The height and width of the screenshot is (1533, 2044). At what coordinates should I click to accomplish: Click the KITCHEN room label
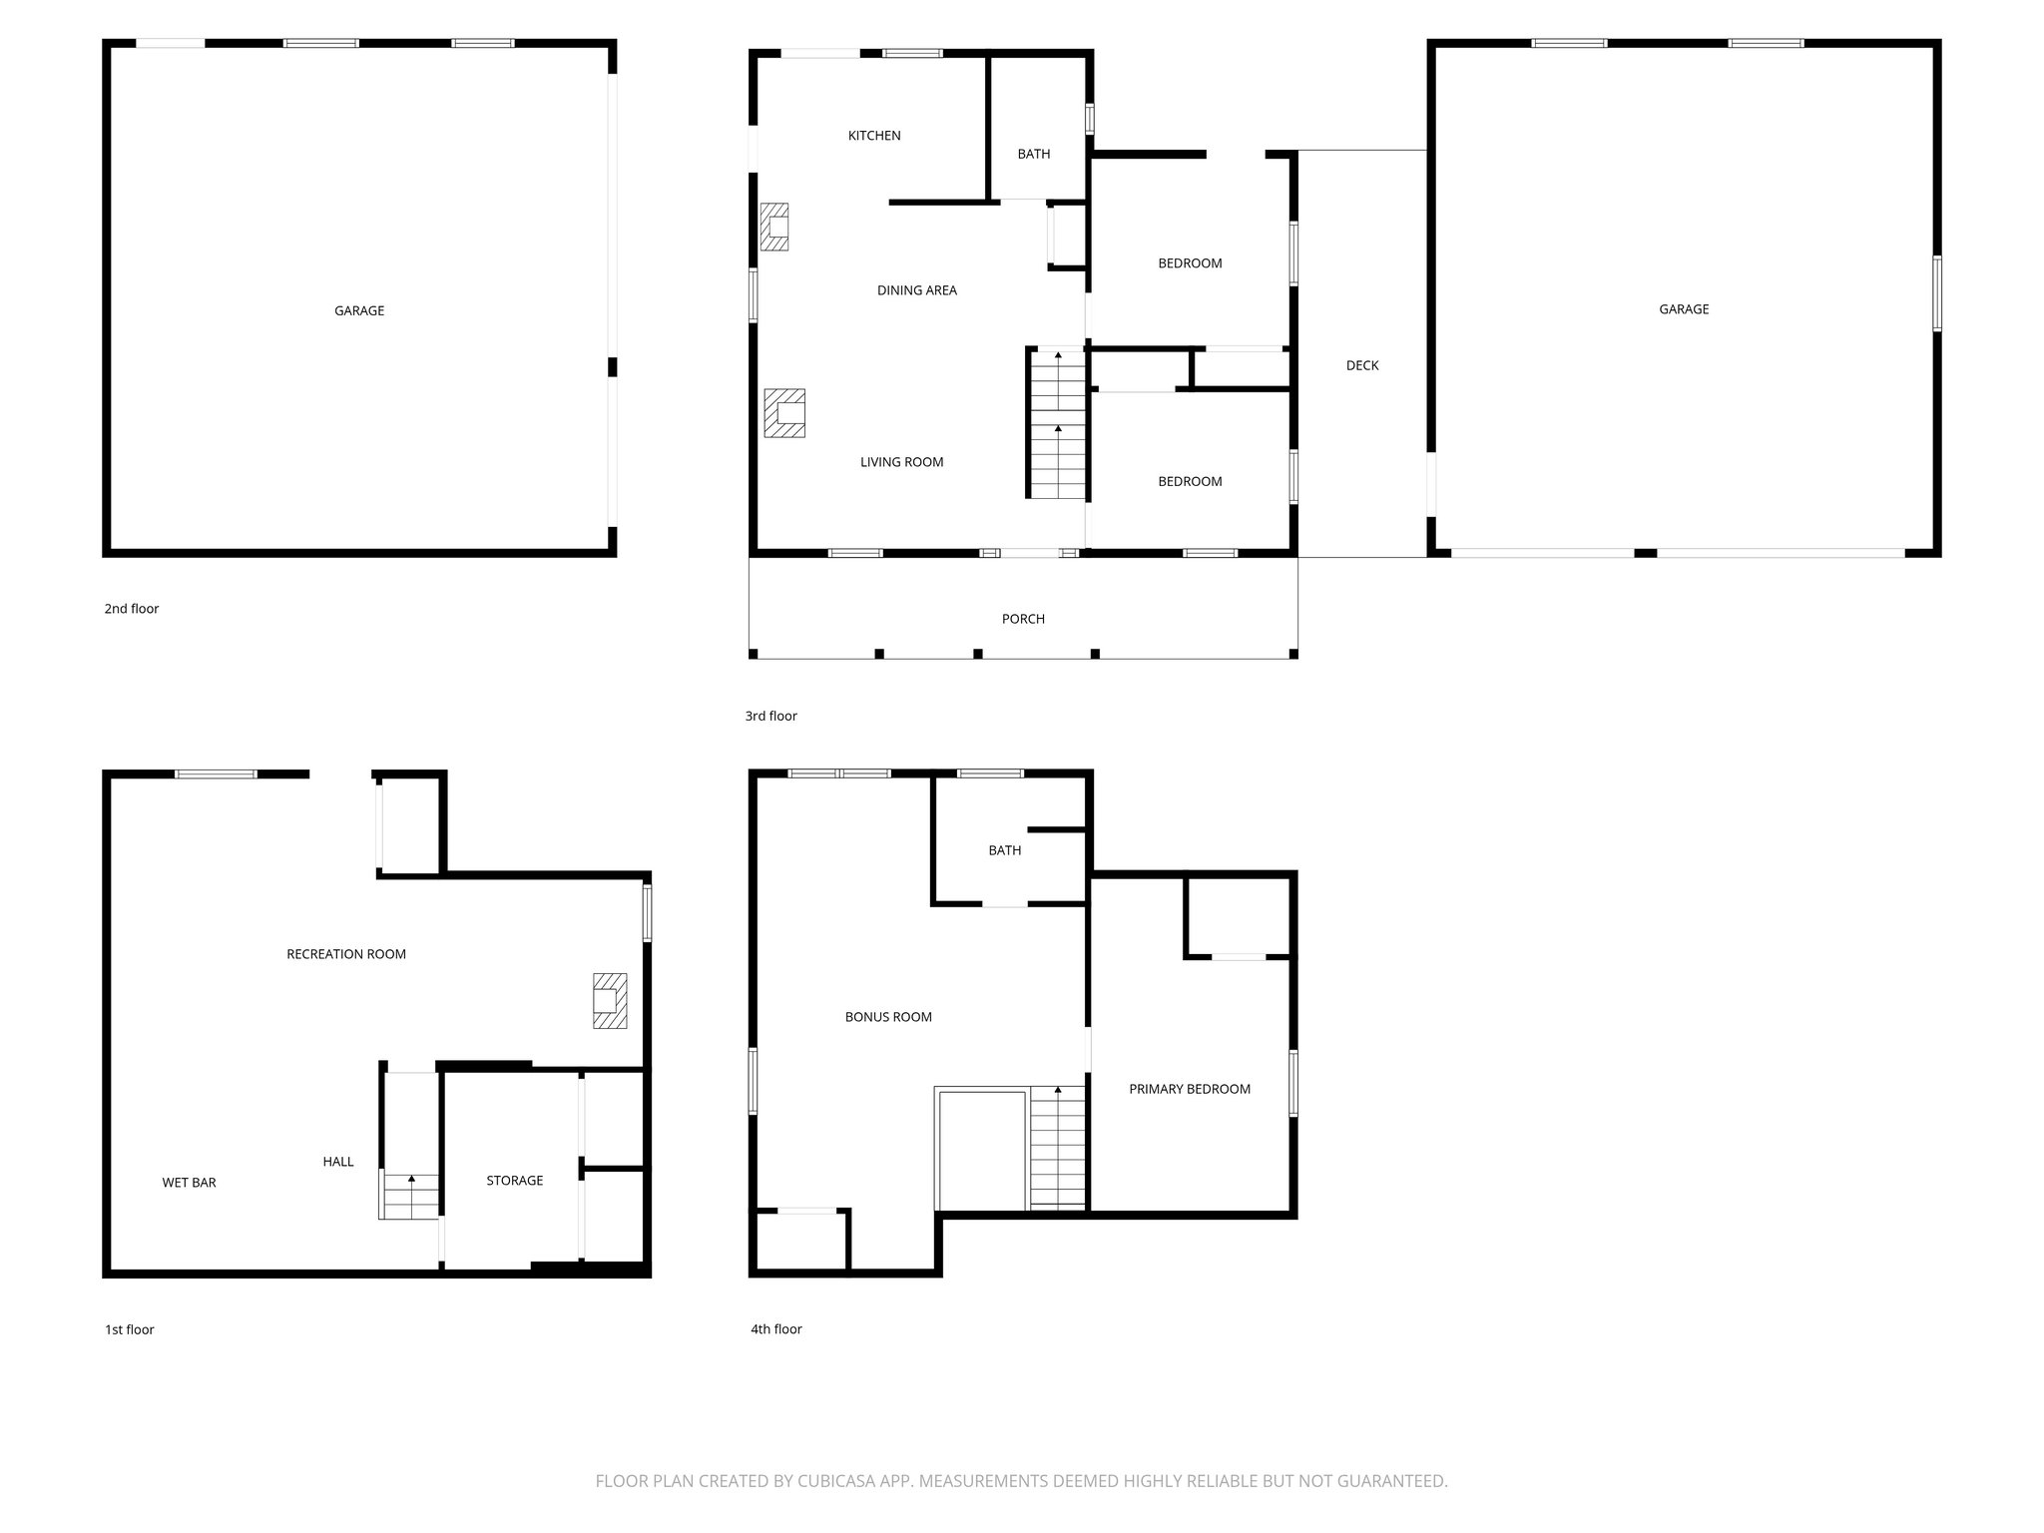click(874, 136)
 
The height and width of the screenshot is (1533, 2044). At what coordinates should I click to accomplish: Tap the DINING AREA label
click(916, 290)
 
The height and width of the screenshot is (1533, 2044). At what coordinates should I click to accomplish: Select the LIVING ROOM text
click(901, 462)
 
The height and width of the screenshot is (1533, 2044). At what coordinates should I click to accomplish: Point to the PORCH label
click(1023, 619)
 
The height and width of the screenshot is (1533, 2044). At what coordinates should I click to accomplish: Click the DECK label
click(1361, 365)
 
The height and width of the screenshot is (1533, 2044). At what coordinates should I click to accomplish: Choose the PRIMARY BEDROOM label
click(1189, 1089)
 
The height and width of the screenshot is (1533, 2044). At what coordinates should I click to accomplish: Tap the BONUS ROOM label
click(888, 1017)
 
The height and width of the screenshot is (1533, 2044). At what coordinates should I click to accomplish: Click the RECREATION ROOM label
click(346, 954)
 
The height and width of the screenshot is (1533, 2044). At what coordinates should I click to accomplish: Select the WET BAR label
click(189, 1183)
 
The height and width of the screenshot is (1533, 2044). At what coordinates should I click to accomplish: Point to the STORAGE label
click(514, 1181)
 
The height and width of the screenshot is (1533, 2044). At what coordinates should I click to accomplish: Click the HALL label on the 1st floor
click(338, 1162)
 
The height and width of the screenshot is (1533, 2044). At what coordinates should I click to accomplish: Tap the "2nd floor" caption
click(132, 609)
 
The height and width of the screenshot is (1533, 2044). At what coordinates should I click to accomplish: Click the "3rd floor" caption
click(771, 716)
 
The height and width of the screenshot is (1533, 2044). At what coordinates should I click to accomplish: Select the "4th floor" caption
click(776, 1328)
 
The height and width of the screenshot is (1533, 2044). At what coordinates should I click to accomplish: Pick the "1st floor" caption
click(130, 1329)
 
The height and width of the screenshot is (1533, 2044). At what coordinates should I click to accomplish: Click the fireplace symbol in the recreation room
click(610, 1000)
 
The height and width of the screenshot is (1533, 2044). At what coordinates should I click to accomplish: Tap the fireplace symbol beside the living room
click(784, 412)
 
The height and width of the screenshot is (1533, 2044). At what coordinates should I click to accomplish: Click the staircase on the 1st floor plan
click(409, 1196)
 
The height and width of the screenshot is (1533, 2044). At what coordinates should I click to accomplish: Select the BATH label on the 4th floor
click(1004, 850)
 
